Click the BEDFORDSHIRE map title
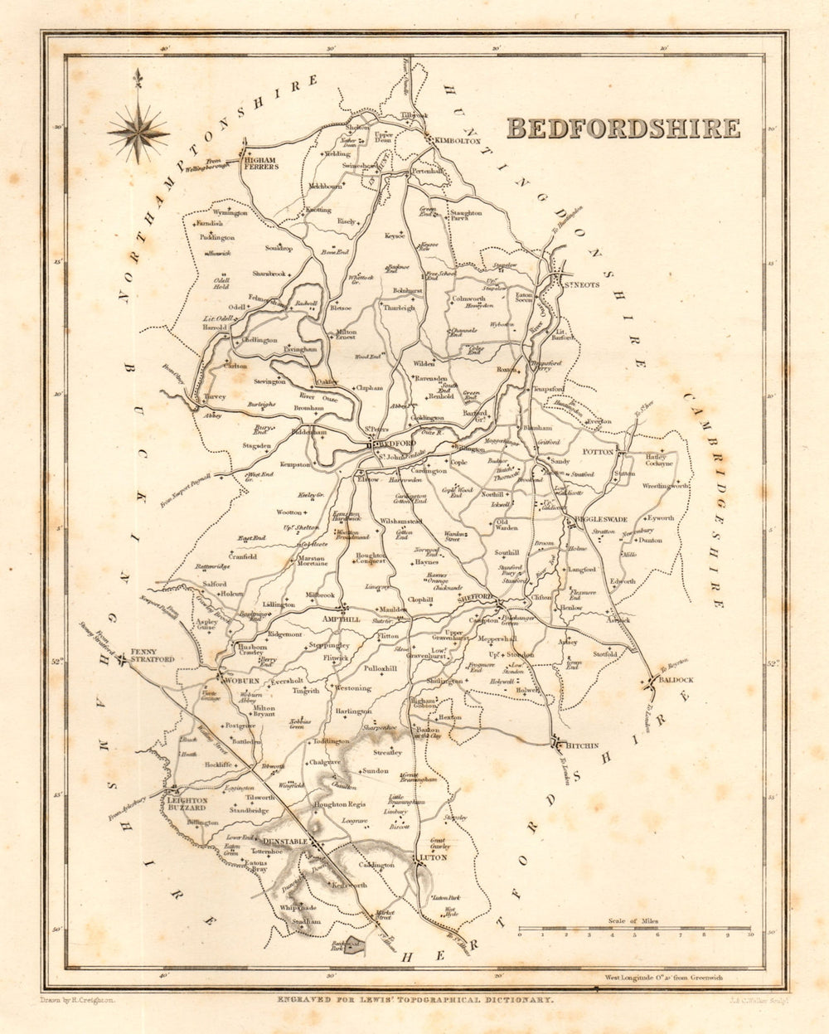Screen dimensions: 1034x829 (x=623, y=128)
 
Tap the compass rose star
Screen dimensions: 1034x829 (x=138, y=131)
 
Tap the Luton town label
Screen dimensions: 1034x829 (x=433, y=857)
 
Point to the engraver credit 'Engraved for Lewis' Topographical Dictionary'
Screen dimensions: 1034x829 (x=414, y=1001)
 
